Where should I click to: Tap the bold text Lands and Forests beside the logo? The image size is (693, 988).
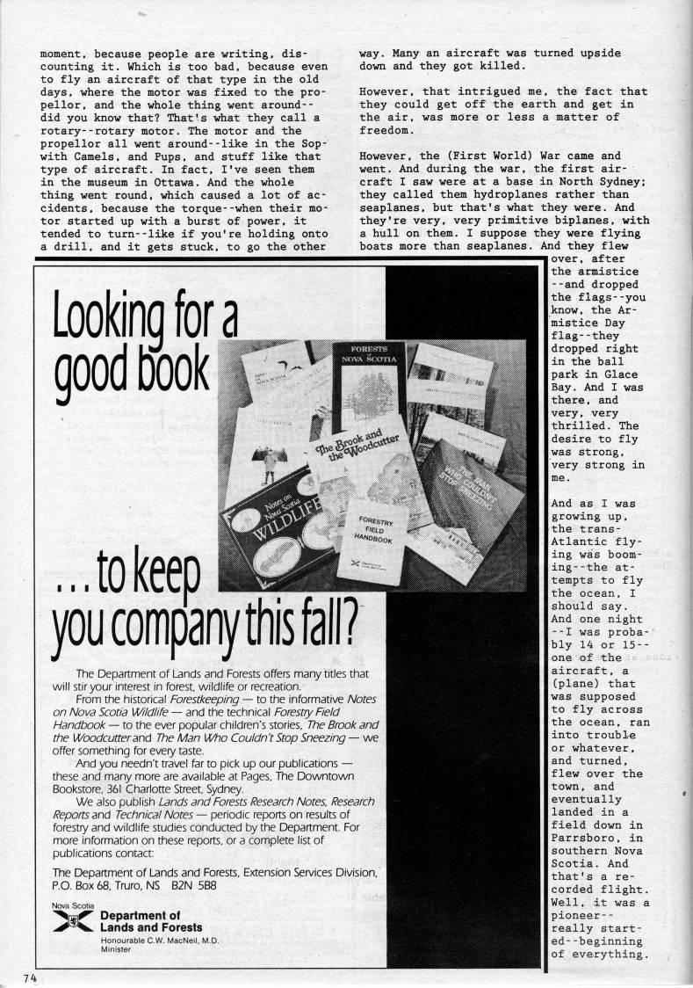click(151, 926)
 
